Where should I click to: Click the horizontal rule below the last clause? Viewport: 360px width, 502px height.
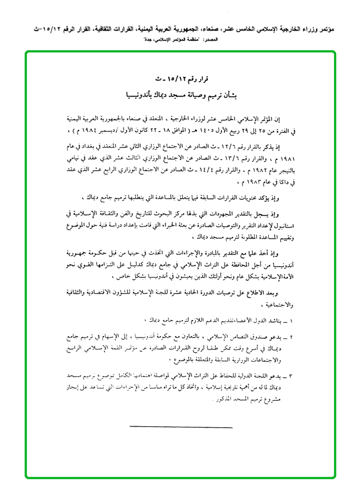[x=181, y=427]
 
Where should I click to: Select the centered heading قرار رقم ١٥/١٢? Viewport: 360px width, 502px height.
[x=182, y=80]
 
